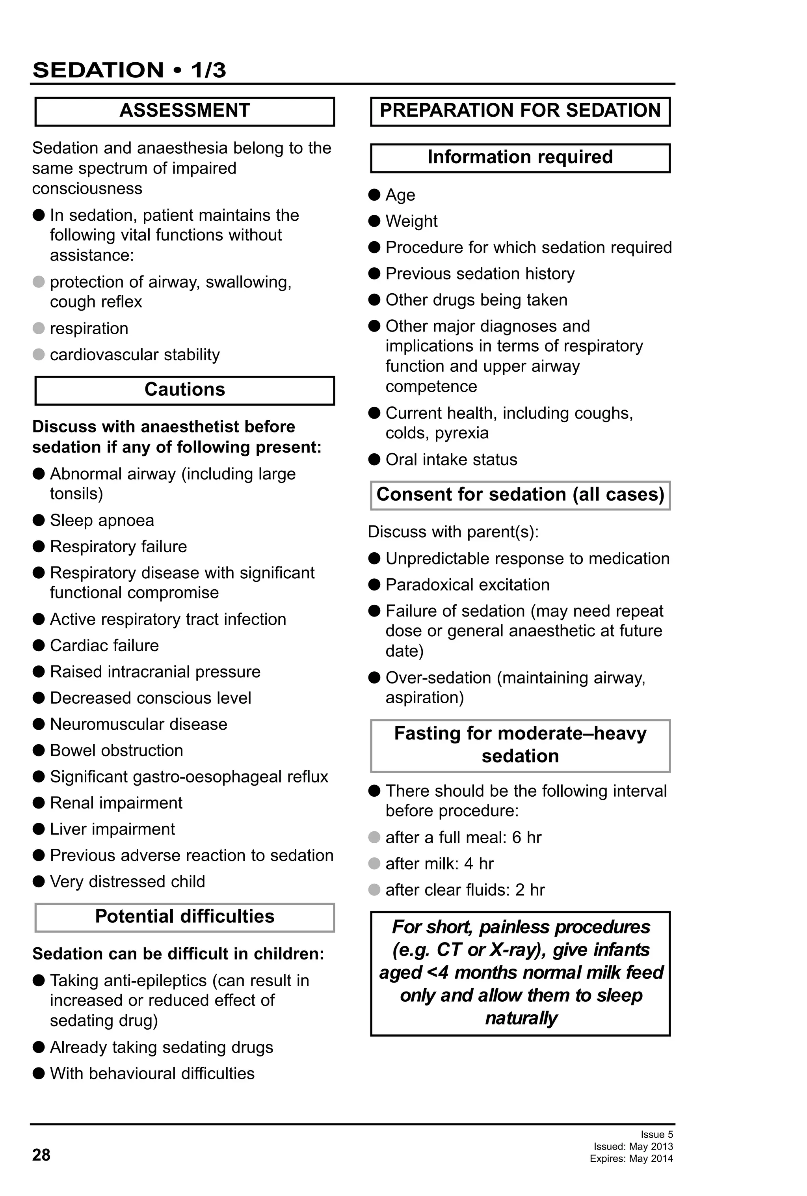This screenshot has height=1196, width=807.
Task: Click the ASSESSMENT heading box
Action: coord(185,111)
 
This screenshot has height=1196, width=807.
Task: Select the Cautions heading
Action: coord(185,389)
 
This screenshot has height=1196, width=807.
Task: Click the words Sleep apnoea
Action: coord(102,520)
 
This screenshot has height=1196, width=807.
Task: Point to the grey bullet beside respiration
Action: coord(39,328)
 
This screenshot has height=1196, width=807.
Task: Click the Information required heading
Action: coord(520,157)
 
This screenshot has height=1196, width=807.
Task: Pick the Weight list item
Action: coord(411,221)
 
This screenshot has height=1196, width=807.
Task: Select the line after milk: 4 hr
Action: coord(439,864)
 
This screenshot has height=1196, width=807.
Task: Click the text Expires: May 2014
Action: coord(631,1159)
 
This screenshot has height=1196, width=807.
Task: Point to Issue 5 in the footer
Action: coord(656,1134)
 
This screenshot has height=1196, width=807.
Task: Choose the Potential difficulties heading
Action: coord(185,917)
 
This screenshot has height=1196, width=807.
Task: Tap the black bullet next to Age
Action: coord(374,195)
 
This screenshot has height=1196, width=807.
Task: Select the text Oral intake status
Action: coord(451,460)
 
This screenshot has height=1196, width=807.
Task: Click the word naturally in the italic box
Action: coord(521,1018)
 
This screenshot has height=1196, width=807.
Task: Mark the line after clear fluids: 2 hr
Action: coord(465,890)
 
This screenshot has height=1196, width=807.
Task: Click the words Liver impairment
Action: coord(112,829)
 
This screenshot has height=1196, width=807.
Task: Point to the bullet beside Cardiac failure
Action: coord(39,645)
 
